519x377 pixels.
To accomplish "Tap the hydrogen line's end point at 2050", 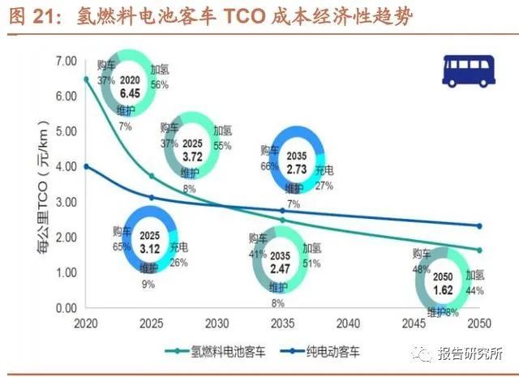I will tap(479, 251).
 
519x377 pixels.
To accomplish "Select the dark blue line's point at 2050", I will tap(479, 226).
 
